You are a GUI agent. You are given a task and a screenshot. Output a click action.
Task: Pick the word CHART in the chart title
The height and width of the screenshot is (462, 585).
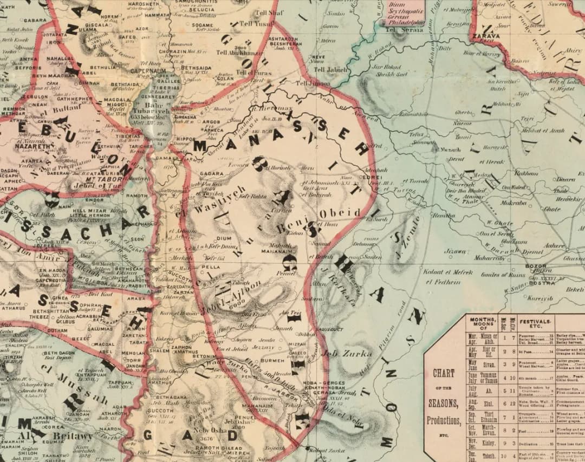[444, 373]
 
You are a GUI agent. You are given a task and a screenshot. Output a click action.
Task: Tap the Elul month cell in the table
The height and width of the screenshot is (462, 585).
[490, 404]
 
